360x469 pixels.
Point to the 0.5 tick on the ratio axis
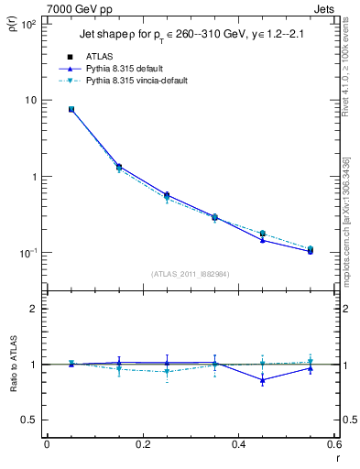tap(31, 420)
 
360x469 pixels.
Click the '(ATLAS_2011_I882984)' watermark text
tap(191, 273)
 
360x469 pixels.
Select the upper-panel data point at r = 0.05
tap(71, 109)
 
